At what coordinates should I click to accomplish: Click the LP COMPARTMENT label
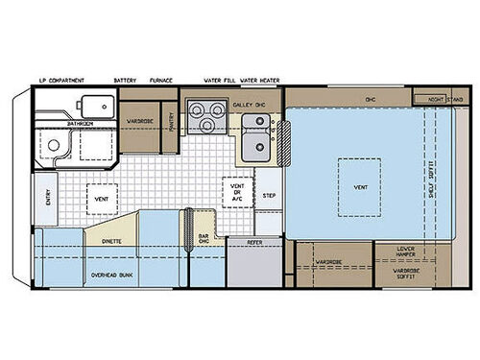[x=60, y=81]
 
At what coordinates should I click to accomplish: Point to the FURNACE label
[x=160, y=81]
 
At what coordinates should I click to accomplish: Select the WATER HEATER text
[x=254, y=81]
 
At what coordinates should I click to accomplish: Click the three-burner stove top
[x=204, y=115]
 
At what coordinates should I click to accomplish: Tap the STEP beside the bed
[x=270, y=195]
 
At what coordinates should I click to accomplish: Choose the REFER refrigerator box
[x=254, y=243]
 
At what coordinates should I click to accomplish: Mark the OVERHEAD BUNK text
[x=112, y=276]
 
